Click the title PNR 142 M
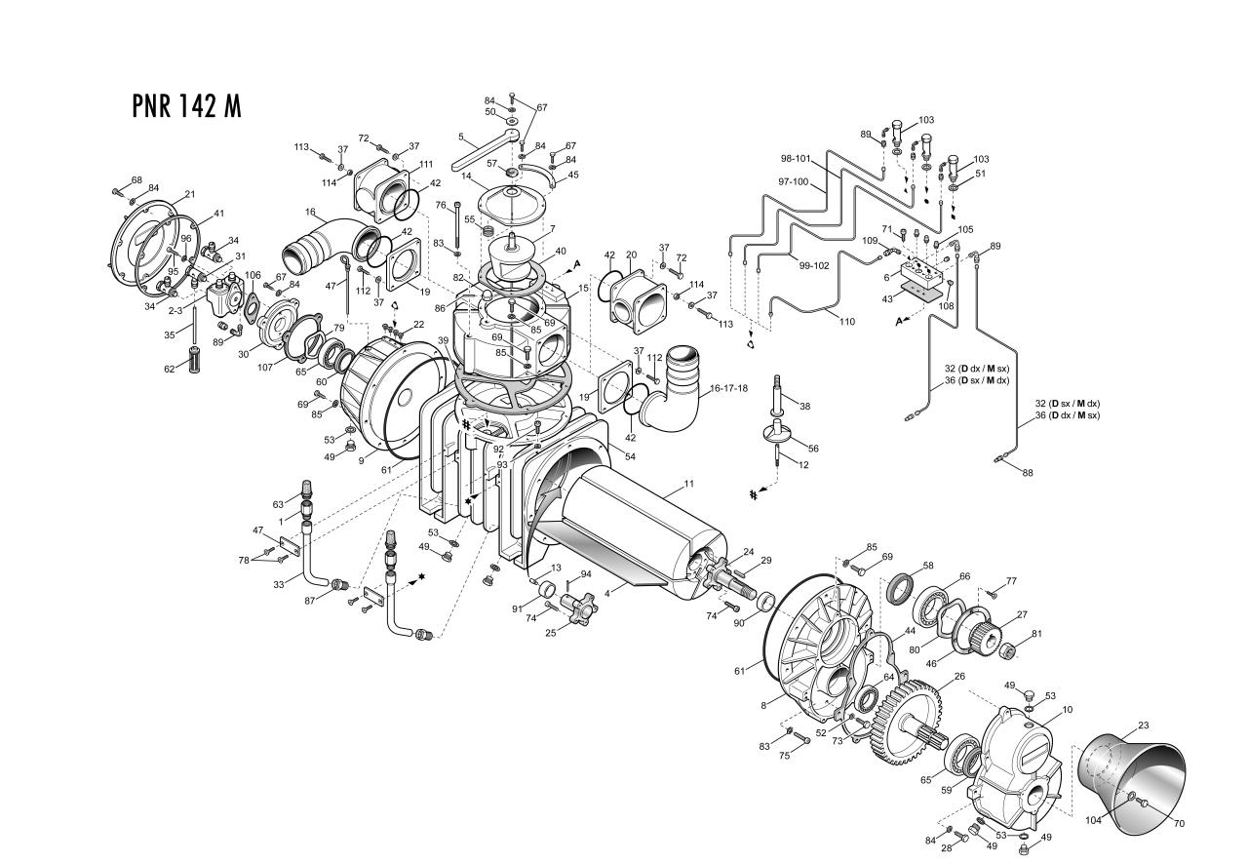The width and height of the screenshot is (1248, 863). coord(185,105)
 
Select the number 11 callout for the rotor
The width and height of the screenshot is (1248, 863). coord(688,484)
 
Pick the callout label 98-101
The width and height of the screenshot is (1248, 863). coord(796,158)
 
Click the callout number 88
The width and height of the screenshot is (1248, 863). coord(1028,473)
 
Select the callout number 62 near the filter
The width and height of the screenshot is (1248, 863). coord(170,369)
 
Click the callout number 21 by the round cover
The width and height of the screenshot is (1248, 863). coord(189,195)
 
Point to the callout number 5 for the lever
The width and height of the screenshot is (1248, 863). coord(460,137)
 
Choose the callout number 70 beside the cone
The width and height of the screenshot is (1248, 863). coord(1179,824)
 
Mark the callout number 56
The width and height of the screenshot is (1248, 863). coord(813,448)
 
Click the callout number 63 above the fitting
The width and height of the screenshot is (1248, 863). coord(278,504)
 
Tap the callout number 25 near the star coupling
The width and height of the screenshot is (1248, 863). coord(550,632)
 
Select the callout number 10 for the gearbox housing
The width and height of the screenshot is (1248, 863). coord(1068,710)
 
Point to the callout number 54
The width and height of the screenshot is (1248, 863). coord(630,456)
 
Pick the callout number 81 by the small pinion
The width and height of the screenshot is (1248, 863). coord(1036,634)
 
